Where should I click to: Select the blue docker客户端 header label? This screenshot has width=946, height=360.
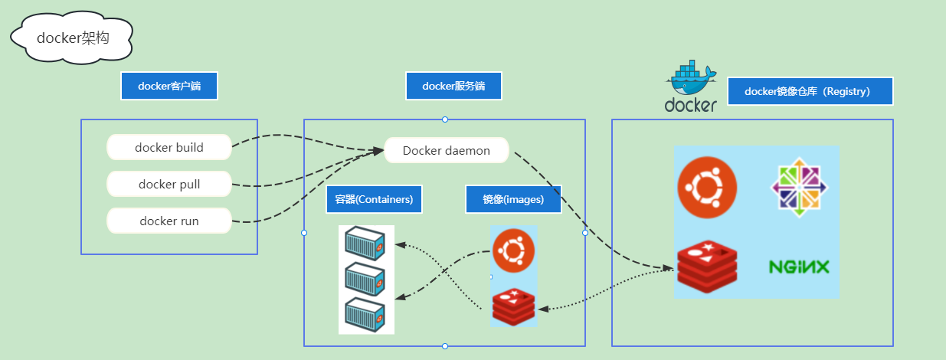tap(169, 86)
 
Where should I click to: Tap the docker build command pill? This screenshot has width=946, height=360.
tap(169, 147)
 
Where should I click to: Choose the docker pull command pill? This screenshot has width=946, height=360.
tap(169, 184)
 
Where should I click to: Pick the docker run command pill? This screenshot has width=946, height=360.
tap(169, 221)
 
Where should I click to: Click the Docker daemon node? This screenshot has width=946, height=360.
tap(447, 150)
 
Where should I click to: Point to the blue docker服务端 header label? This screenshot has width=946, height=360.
tap(453, 86)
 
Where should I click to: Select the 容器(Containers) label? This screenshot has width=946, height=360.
tap(374, 199)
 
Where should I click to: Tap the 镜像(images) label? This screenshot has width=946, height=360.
tap(513, 199)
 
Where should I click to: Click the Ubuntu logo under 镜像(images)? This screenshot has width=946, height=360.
tap(513, 250)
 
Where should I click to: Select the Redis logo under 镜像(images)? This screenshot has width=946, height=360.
tap(513, 306)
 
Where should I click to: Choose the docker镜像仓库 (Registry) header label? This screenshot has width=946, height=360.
tap(810, 91)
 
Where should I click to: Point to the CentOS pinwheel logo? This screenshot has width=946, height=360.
tap(799, 187)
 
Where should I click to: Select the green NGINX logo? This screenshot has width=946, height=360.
tap(799, 267)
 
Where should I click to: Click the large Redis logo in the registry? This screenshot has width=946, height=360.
tap(706, 268)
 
